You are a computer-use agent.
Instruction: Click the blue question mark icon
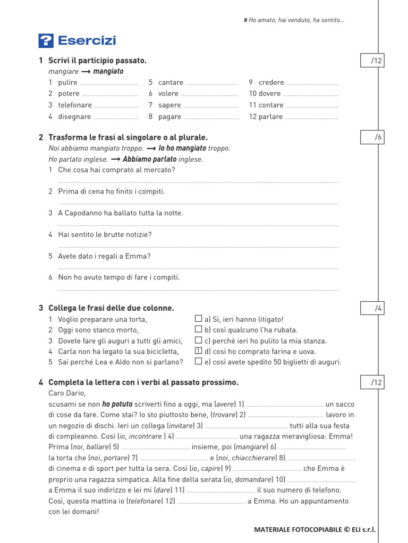coord(46,41)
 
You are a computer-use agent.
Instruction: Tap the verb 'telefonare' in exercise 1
coord(75,105)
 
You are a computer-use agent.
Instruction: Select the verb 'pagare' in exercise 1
coord(170,117)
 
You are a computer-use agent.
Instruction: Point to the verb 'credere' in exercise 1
coord(271,82)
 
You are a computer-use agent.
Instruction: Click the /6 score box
coord(372,137)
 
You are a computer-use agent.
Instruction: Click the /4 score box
coord(372,308)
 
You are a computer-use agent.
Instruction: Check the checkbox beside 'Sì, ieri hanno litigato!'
coord(198,319)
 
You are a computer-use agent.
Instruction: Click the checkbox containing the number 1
coord(198,351)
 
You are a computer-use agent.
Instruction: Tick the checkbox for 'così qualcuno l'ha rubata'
coord(198,329)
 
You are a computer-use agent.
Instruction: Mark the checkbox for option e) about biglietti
coord(198,361)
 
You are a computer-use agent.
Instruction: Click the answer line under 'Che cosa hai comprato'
coord(198,181)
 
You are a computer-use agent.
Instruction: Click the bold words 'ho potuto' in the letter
coord(117,404)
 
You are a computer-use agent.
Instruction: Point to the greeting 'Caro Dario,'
coord(66,393)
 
